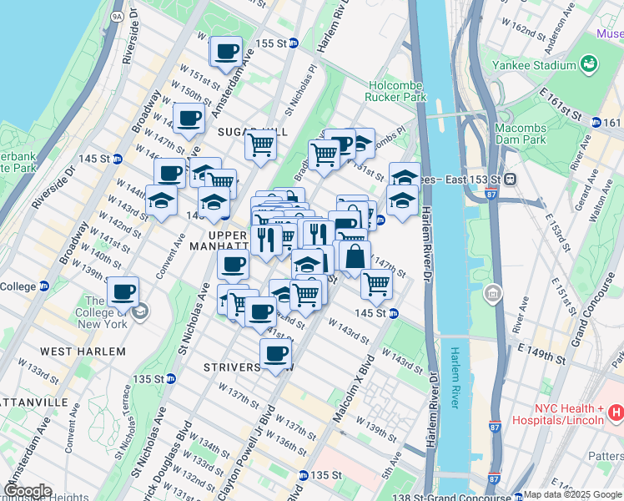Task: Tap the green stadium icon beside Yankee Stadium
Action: click(x=590, y=63)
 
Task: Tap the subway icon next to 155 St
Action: click(x=294, y=43)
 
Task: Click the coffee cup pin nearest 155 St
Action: click(x=226, y=53)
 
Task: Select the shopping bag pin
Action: click(x=355, y=256)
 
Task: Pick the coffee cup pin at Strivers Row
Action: click(x=275, y=353)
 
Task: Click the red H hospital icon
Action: click(x=616, y=412)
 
